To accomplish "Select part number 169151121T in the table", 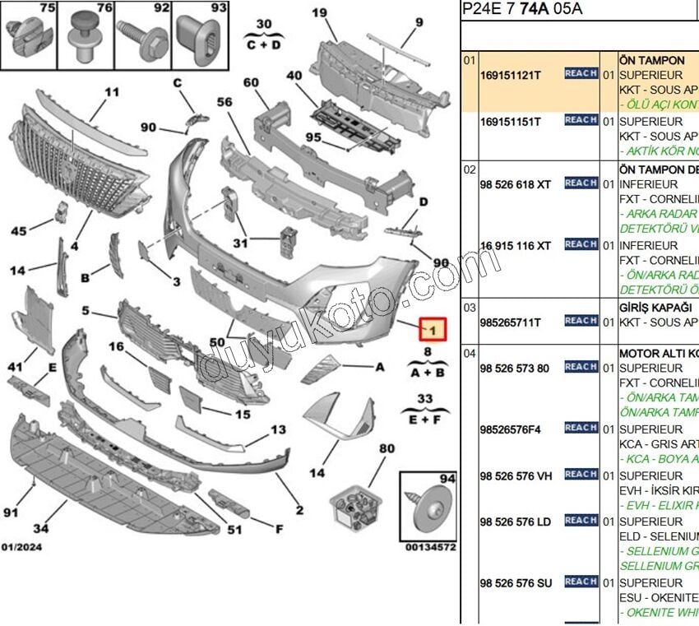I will click(510, 74).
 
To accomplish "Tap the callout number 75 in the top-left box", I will click(48, 8).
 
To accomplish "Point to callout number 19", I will click(319, 12).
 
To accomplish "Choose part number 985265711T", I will click(510, 322).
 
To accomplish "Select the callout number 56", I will click(225, 102).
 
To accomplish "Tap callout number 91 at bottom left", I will click(10, 512).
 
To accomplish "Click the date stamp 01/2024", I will click(22, 546).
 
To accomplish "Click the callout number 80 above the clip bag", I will click(387, 448).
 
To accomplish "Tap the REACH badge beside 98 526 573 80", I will click(581, 367).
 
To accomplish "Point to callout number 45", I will click(19, 231).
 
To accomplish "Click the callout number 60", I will click(251, 82).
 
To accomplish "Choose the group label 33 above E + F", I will click(424, 399).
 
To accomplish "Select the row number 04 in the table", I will click(469, 353).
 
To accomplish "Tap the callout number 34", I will click(40, 528).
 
